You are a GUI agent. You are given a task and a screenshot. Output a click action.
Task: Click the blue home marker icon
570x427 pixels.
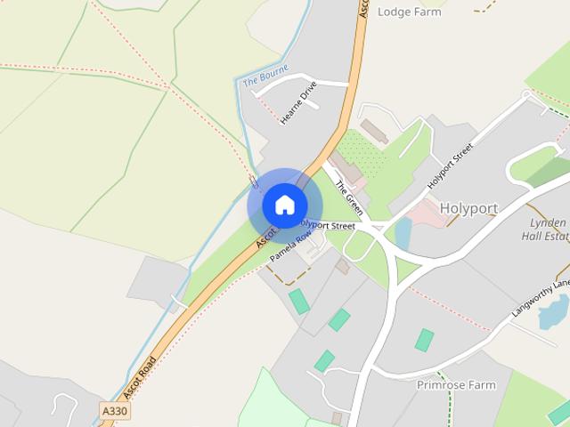[x=284, y=205]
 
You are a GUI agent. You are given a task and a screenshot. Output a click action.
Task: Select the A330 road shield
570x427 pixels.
[x=114, y=410]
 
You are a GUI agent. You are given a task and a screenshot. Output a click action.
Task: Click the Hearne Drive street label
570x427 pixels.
[x=297, y=103]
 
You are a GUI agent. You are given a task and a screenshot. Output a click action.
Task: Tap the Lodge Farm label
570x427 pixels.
[x=410, y=12]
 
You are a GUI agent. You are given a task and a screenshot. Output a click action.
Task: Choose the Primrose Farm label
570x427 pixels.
[x=455, y=385]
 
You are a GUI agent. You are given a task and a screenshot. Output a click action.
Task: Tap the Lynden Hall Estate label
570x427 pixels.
[x=545, y=230]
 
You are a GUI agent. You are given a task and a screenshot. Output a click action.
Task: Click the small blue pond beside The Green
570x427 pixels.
[x=403, y=233]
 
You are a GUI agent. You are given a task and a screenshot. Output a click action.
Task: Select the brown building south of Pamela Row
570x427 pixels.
[x=343, y=265]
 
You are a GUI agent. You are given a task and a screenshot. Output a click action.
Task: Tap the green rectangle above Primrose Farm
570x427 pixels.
[x=425, y=339]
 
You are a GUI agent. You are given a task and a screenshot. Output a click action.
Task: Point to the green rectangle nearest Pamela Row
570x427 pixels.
[x=299, y=301]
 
